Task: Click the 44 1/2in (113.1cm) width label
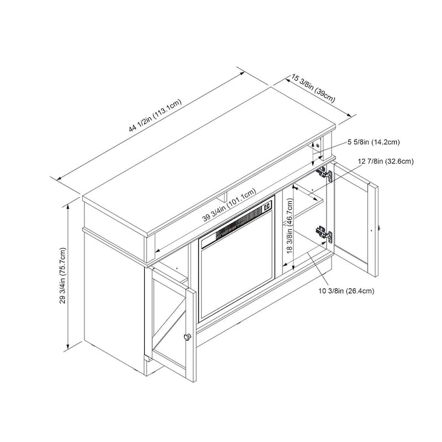(155, 115)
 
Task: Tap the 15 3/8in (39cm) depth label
(313, 88)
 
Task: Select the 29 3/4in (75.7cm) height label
(62, 275)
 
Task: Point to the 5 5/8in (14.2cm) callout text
(373, 142)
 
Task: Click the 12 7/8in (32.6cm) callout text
(386, 161)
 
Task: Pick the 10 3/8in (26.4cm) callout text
(346, 291)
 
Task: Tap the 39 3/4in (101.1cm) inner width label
(229, 204)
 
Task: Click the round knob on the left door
(187, 336)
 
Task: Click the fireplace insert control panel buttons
(267, 208)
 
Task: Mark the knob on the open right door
(379, 228)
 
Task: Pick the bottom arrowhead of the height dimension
(68, 346)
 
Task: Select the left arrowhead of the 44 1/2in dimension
(59, 178)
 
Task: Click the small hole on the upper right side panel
(318, 146)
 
